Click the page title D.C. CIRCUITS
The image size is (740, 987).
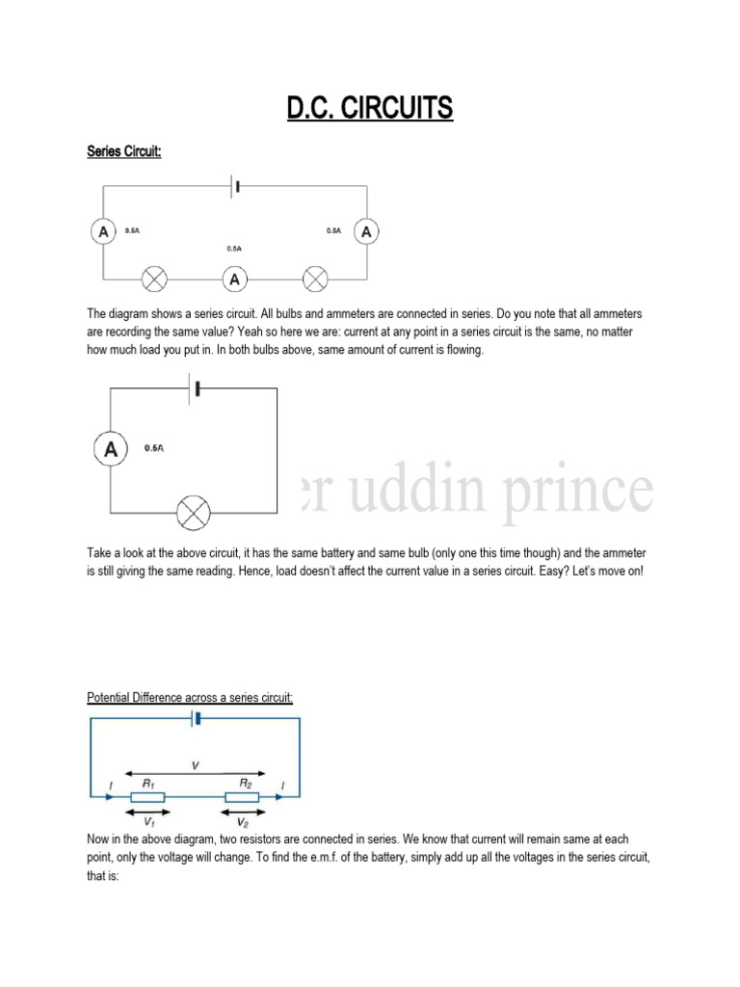pyautogui.click(x=369, y=108)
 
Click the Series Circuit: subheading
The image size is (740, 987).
pyautogui.click(x=122, y=151)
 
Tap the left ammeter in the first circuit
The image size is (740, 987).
pyautogui.click(x=102, y=231)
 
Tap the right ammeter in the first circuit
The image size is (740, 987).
pyautogui.click(x=366, y=231)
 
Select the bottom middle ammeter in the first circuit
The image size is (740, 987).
pyautogui.click(x=234, y=280)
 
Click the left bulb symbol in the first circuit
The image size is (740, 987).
pyautogui.click(x=154, y=280)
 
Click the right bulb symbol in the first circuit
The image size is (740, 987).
pyautogui.click(x=315, y=280)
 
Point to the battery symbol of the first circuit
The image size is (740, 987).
pyautogui.click(x=234, y=185)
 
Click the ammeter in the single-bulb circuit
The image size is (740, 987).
pyautogui.click(x=111, y=448)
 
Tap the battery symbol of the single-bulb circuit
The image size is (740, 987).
pyautogui.click(x=196, y=387)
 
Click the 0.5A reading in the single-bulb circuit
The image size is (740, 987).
pyautogui.click(x=154, y=448)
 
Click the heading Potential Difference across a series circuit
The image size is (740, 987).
pyautogui.click(x=190, y=698)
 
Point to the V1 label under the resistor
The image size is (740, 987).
pyautogui.click(x=149, y=822)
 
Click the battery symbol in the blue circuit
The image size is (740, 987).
pyautogui.click(x=196, y=718)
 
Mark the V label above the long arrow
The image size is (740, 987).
pyautogui.click(x=196, y=765)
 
